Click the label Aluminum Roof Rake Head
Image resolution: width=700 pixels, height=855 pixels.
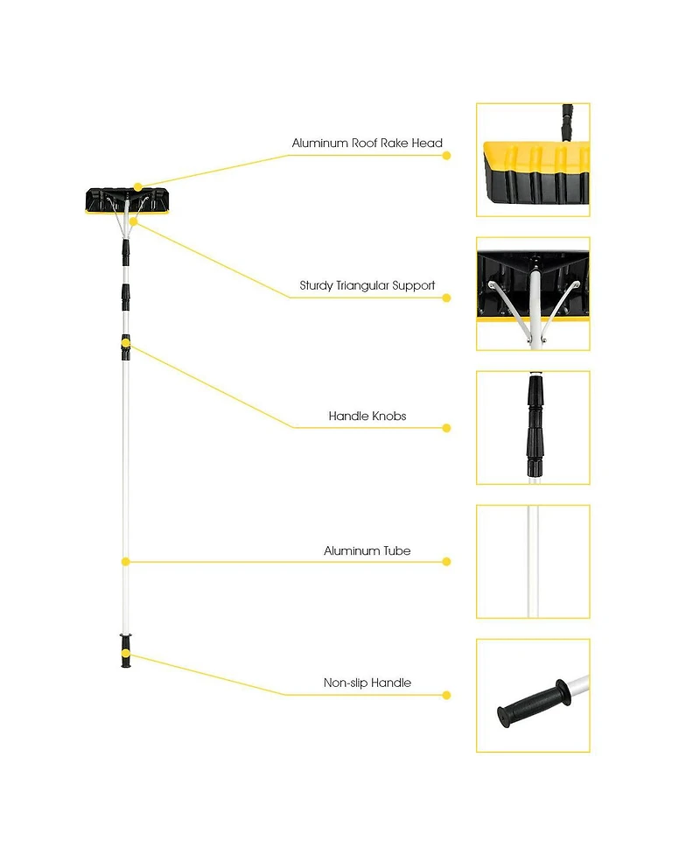(367, 144)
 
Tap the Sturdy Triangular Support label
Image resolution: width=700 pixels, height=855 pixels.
(367, 286)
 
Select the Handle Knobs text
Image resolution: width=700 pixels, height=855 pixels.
(367, 417)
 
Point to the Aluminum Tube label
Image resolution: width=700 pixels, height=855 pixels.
(367, 551)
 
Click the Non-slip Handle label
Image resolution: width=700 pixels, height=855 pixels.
(367, 683)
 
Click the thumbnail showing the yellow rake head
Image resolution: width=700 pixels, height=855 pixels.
(533, 160)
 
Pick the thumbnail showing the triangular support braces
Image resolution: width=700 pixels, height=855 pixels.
(533, 294)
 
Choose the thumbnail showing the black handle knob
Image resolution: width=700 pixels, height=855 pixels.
(533, 427)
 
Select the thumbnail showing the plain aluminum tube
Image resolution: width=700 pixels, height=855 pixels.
(533, 561)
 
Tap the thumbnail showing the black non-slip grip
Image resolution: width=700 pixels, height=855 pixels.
(533, 695)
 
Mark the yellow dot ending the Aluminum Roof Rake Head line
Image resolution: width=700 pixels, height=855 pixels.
(446, 156)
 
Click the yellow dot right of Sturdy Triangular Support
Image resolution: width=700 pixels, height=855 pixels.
(446, 298)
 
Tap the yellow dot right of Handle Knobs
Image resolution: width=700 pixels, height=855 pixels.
(446, 428)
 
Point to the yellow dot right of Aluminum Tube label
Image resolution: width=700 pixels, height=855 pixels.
(446, 562)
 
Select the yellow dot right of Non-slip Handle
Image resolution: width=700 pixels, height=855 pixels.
(446, 696)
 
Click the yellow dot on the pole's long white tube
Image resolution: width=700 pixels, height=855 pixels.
(125, 562)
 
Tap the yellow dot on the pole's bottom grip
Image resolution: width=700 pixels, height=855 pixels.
(125, 653)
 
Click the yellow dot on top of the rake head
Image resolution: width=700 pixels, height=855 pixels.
(137, 186)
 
